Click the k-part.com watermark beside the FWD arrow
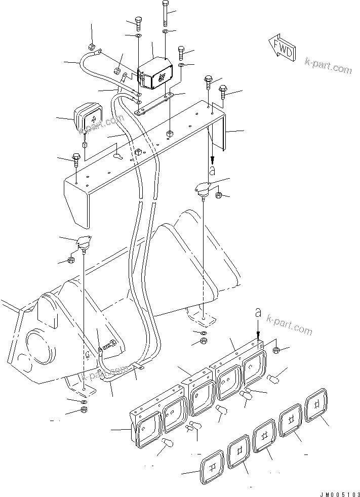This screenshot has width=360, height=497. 328,66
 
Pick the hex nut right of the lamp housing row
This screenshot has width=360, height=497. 276,350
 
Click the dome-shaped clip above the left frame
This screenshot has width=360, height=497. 83,243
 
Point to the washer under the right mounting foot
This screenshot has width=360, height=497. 203,333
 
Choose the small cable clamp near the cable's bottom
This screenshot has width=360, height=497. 135,368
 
